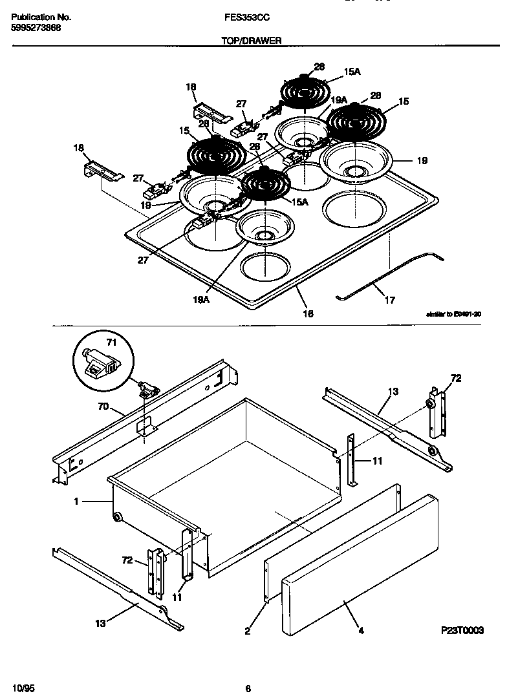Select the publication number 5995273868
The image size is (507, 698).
[37, 28]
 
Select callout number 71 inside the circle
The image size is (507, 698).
[110, 342]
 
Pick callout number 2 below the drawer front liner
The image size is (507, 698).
[247, 631]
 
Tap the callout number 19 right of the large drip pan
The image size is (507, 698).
[422, 161]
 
